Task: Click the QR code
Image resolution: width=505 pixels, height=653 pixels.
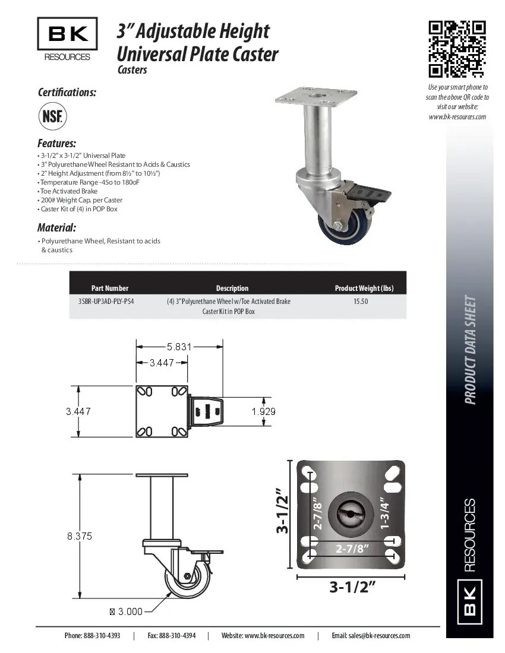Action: pos(457,49)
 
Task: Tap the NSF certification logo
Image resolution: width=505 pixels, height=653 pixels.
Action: pos(52,116)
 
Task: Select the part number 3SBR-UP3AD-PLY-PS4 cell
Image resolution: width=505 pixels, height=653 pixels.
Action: pos(106,301)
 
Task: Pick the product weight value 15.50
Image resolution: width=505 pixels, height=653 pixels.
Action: pos(361,301)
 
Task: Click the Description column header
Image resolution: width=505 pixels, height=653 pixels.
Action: pos(232,288)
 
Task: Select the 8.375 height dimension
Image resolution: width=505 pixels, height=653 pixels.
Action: pos(79,535)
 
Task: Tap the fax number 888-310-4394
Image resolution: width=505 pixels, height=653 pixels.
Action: pos(171,635)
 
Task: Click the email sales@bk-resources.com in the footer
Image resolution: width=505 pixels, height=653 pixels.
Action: pos(371,635)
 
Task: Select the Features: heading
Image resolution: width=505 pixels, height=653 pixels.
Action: pos(56,144)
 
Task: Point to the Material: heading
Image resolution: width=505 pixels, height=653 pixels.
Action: pos(56,227)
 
